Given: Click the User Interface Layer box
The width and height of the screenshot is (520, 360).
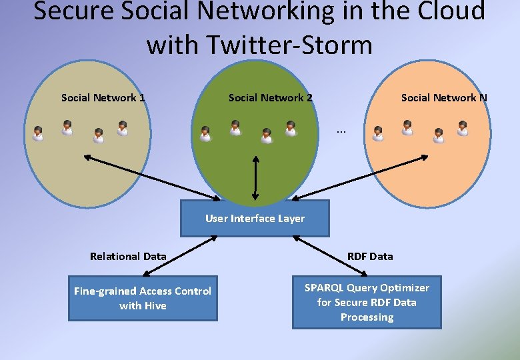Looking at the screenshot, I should pyautogui.click(x=255, y=218).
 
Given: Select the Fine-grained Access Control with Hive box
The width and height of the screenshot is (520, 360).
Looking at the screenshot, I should pyautogui.click(x=143, y=299).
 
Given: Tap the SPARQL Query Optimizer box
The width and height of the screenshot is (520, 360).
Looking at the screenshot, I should pyautogui.click(x=367, y=303).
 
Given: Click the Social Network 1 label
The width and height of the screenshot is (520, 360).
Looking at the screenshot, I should pyautogui.click(x=103, y=97).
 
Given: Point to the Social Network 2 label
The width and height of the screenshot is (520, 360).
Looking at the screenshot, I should pyautogui.click(x=271, y=97).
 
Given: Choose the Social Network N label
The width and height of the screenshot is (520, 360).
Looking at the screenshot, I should pyautogui.click(x=444, y=97).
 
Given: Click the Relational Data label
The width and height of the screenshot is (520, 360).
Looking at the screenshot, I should pyautogui.click(x=128, y=256).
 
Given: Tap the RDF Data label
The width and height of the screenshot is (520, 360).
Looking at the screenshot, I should pyautogui.click(x=371, y=256).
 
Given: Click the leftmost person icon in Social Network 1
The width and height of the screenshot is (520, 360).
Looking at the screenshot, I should pyautogui.click(x=38, y=134).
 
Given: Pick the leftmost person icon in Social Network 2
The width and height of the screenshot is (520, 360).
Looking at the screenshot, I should pyautogui.click(x=205, y=134).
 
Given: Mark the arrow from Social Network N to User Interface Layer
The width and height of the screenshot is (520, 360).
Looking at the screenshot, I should pyautogui.click(x=361, y=178).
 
